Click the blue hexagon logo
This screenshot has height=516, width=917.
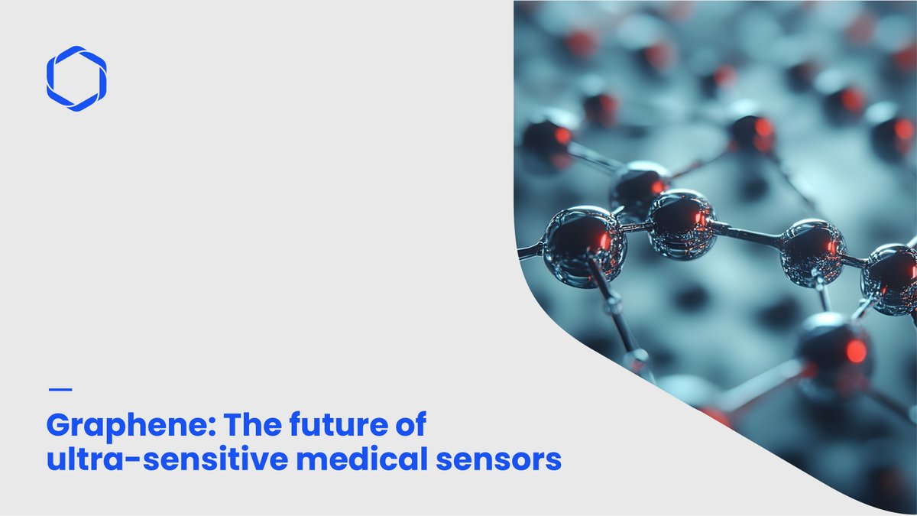[x=76, y=79]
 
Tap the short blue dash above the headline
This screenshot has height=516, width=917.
[x=60, y=389]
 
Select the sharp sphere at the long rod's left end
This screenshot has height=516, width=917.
[x=681, y=225]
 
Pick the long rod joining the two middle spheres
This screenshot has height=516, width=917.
[x=747, y=236]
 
